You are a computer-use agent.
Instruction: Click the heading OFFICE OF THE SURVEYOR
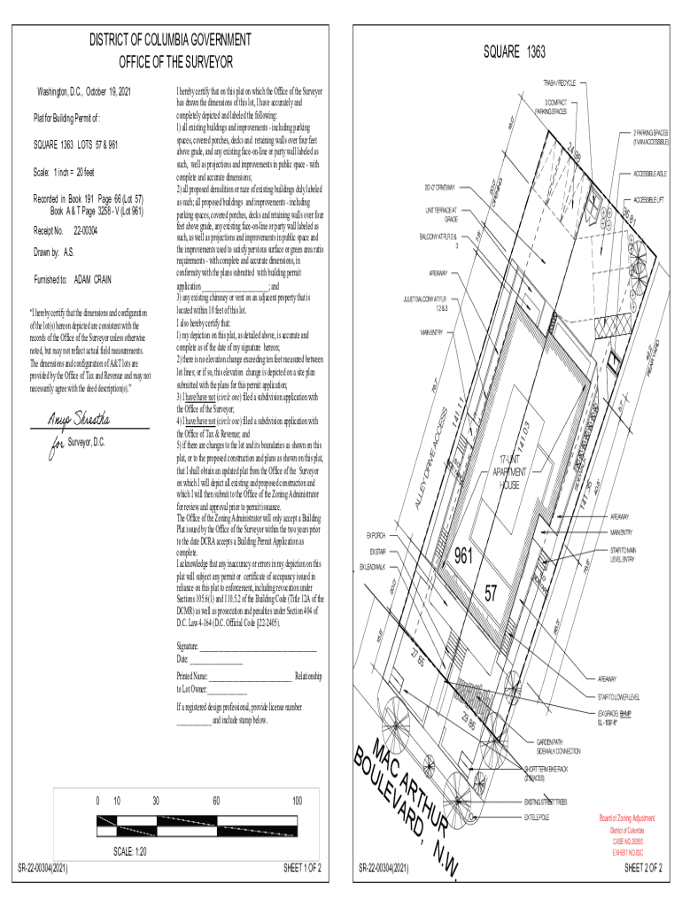(176, 62)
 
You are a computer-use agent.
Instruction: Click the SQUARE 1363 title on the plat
(514, 53)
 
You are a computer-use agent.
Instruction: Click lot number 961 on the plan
(467, 557)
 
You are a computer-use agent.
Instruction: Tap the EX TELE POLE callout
(538, 816)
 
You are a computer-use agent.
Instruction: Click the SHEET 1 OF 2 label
(302, 868)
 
